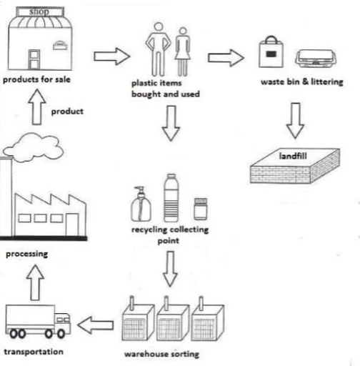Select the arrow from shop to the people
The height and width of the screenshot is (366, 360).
[x=112, y=54]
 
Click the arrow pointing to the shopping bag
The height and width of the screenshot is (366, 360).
[x=226, y=57]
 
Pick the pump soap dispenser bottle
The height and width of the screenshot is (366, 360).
[x=141, y=204]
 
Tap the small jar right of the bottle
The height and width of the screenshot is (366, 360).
[x=201, y=209]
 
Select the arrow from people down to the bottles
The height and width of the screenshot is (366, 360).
[x=169, y=122]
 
